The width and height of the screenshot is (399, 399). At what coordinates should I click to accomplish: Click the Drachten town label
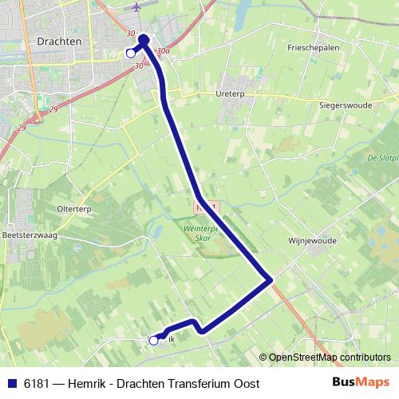pos(56,40)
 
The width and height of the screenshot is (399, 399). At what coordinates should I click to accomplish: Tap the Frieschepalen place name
pos(314,48)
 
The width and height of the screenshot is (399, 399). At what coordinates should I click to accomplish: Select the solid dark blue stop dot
pos(144,39)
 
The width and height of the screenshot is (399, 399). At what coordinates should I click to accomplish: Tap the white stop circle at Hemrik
pos(154,341)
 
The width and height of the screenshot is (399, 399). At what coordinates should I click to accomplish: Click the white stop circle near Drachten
pos(131,53)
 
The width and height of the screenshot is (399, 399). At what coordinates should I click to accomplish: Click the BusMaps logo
pos(361,383)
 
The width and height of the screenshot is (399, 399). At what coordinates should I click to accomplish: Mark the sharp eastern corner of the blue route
pos(272,279)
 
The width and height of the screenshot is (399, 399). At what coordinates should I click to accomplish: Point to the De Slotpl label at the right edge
pos(383,158)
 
